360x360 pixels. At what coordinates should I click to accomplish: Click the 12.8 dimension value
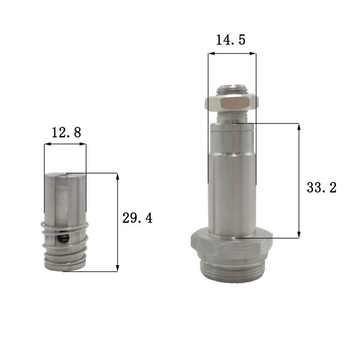tap(66, 133)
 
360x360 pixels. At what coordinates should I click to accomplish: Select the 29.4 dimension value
tap(137, 218)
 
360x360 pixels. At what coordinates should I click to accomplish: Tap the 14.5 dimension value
tap(231, 41)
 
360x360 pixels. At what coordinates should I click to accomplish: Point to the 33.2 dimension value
tap(321, 188)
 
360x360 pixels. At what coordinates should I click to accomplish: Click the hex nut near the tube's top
tap(232, 104)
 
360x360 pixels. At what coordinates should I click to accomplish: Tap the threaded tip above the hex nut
tap(232, 89)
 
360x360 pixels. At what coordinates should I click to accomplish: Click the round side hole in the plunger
tap(63, 240)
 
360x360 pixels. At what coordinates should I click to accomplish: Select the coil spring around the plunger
tap(66, 246)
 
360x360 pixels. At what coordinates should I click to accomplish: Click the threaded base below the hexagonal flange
tap(231, 269)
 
